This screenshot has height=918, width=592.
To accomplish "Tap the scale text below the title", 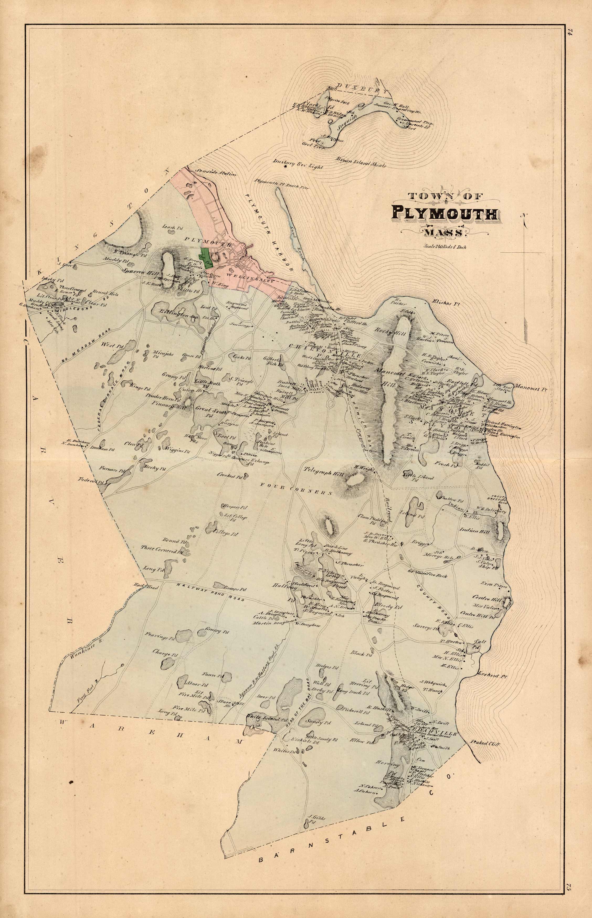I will (445, 247).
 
